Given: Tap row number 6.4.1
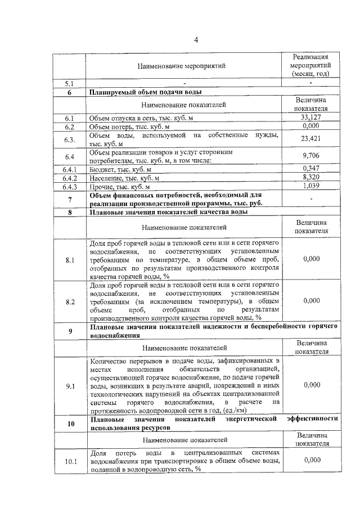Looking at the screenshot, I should click(x=70, y=169).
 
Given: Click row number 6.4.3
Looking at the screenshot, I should click(x=70, y=187).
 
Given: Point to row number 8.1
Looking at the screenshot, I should click(x=70, y=260).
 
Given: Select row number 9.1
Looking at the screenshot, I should click(x=70, y=386).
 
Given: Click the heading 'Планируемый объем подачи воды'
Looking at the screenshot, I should click(x=146, y=93).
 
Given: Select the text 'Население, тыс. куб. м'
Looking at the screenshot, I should click(x=125, y=178).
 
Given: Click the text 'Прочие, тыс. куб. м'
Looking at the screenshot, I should click(x=120, y=187).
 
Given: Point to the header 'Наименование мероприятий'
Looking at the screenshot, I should click(x=184, y=66).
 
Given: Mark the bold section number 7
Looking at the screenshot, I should click(x=70, y=200).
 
